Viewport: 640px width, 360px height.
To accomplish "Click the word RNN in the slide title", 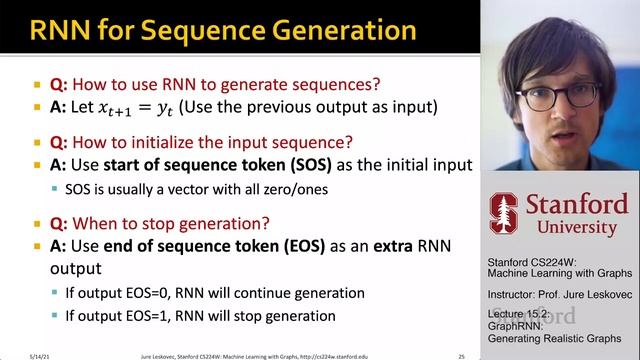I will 62,30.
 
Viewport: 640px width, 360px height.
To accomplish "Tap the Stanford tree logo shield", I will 503,212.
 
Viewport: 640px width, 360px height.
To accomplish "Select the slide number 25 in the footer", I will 461,354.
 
